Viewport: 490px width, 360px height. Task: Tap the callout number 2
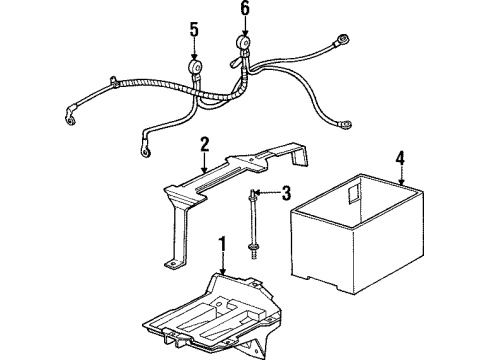(204, 144)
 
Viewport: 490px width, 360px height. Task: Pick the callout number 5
(194, 29)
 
